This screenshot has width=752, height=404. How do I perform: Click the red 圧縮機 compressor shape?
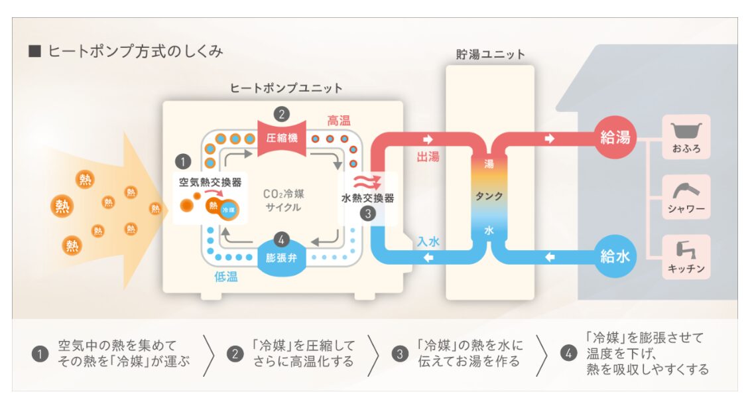coord(282,139)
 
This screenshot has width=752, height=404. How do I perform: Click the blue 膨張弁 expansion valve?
coord(282,257)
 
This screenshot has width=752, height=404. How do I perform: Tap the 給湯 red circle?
coord(615,139)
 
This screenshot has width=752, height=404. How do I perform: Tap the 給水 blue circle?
coord(615,256)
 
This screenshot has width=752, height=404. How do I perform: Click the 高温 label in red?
coord(338,121)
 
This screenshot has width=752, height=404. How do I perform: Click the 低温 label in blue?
coord(226,276)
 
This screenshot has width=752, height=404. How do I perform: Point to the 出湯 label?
coord(428,157)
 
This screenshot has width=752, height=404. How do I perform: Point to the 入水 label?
coord(428,242)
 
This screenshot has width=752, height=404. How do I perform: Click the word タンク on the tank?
coord(489,196)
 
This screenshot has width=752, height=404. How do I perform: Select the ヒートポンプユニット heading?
coord(286,88)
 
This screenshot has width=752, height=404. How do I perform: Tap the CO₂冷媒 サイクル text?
coord(283,200)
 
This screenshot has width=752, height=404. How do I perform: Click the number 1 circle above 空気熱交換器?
coord(182,161)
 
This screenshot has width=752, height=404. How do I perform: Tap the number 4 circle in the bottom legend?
coord(568,354)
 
